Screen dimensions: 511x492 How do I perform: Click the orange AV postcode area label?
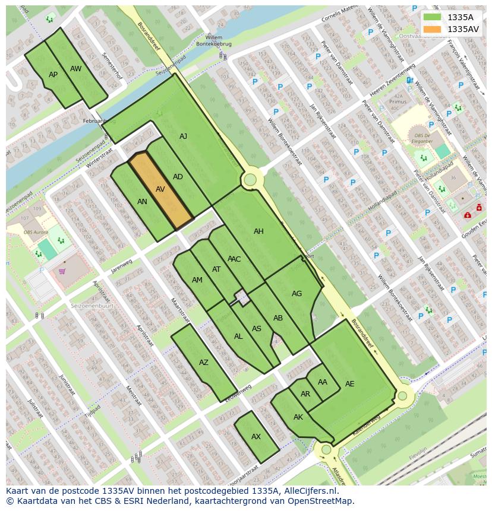pos(160,189)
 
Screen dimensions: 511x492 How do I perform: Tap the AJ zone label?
pos(183,137)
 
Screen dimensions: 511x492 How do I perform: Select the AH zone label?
pos(258,231)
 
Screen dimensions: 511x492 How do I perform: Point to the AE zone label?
pos(349,384)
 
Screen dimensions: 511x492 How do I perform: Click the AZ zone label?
pos(204,363)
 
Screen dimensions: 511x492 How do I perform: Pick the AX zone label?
pos(256,437)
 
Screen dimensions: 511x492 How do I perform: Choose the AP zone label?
pos(53,75)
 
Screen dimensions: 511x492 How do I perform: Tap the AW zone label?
pos(75,69)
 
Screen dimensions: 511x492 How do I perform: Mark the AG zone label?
pos(297,294)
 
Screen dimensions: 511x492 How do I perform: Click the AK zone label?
pos(298,417)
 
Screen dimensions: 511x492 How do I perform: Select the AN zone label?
pos(142,202)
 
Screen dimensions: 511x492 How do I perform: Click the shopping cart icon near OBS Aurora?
pos(62,272)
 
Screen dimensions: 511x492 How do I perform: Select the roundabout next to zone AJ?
pos(250,179)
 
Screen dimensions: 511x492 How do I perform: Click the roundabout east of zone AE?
pos(402,395)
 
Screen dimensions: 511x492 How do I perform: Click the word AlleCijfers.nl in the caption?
pos(309,491)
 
